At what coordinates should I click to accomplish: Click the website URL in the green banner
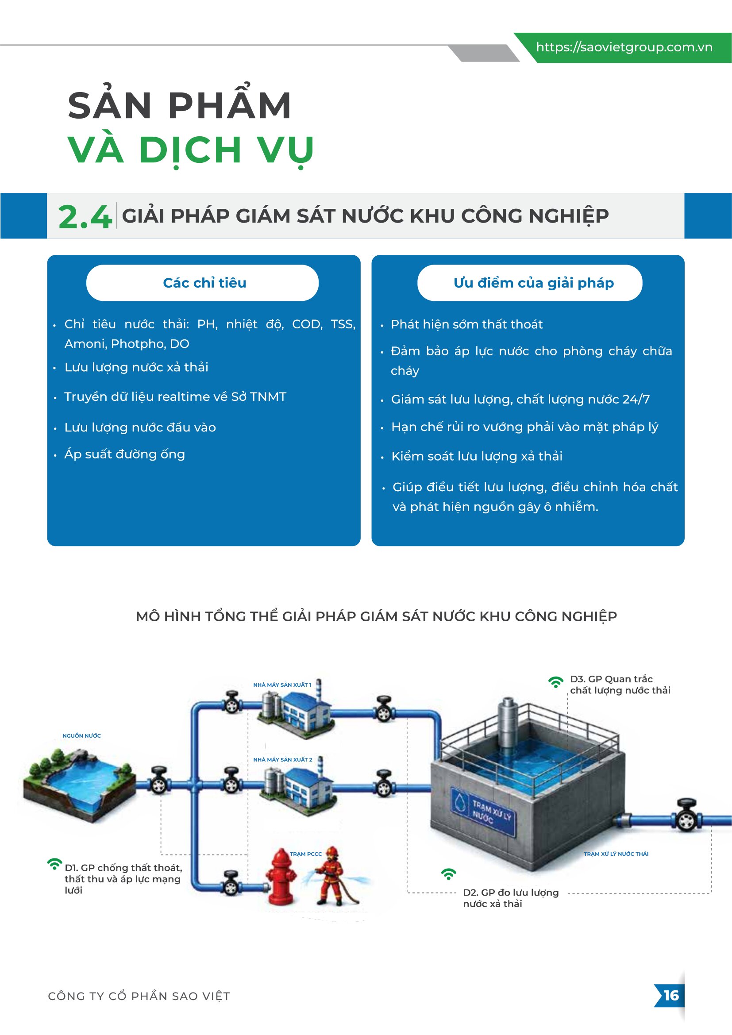(x=624, y=47)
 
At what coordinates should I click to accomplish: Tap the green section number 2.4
(x=85, y=217)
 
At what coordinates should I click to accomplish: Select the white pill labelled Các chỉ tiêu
(x=202, y=283)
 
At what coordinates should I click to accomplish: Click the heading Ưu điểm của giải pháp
(x=534, y=283)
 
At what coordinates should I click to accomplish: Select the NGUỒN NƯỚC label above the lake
(x=81, y=736)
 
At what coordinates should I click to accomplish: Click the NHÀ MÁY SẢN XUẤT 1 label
(x=282, y=685)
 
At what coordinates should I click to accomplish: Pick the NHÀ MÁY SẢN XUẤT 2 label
(x=283, y=760)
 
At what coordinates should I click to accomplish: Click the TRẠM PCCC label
(x=306, y=854)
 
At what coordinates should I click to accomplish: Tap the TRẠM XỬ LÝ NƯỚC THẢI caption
(x=616, y=854)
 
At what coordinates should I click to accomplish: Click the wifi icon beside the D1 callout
(x=54, y=864)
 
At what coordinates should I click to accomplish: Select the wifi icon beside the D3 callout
(x=556, y=682)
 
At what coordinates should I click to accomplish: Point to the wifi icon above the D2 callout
(x=448, y=874)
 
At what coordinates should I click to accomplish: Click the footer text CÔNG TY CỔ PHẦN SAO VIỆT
(x=139, y=996)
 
